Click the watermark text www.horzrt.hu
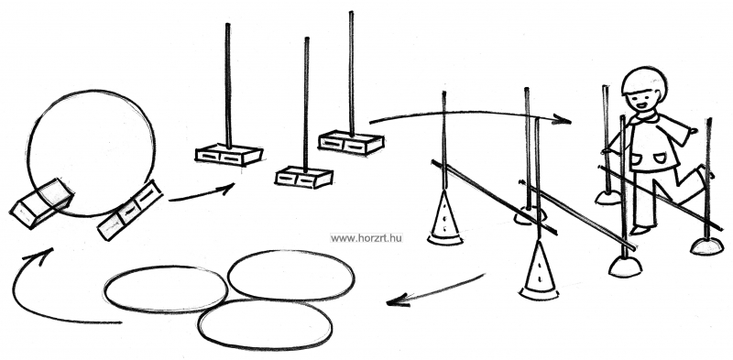366,238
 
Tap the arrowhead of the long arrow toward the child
563,120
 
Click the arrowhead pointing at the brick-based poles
226,188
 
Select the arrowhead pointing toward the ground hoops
398,300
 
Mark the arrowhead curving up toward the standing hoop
41,255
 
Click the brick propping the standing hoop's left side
41,203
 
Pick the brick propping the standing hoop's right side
129,210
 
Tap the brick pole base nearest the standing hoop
228,154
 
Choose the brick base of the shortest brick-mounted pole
304,177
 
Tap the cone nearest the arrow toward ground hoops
539,271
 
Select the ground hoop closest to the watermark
291,276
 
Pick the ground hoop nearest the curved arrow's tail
166,289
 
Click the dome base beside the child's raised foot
706,245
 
